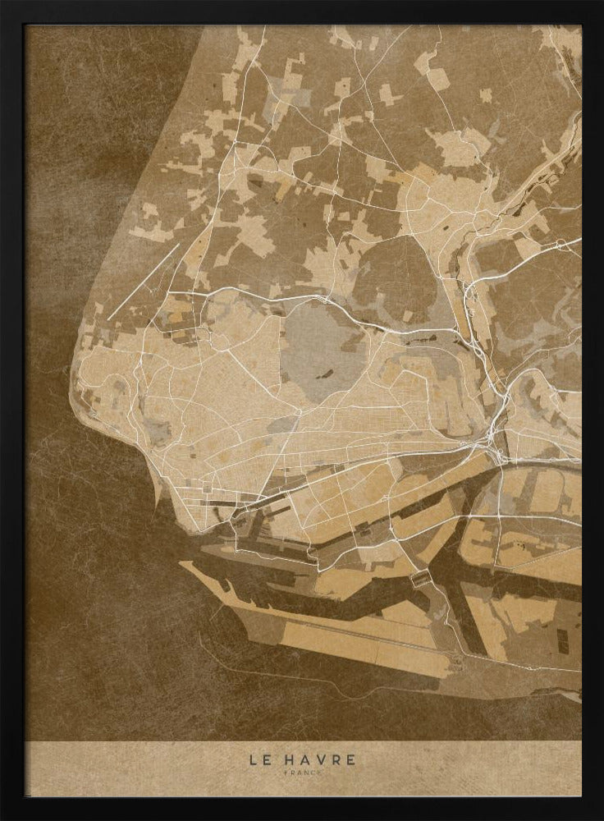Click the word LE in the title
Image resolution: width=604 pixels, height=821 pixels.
[259, 759]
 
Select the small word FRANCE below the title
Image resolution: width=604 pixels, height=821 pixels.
[303, 773]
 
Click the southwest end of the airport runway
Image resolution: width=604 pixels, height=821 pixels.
[108, 318]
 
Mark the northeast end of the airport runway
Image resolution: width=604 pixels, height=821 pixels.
[179, 244]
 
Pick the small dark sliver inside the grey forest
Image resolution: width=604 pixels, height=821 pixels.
[327, 374]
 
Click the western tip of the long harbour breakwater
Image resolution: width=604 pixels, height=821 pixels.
[182, 564]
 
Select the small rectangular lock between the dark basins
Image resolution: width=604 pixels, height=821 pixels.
[420, 579]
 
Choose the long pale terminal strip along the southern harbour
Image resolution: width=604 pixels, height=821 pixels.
[345, 640]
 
